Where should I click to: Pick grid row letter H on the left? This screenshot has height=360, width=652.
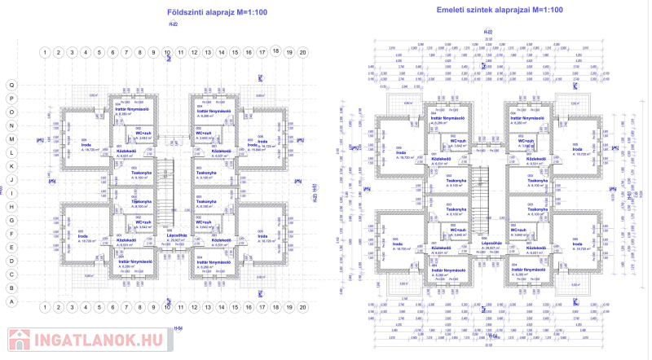(11, 207)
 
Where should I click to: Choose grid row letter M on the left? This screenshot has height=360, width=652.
(11, 139)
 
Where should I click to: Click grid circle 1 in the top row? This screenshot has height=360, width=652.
(45, 52)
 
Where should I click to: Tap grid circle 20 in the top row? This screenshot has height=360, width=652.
(302, 52)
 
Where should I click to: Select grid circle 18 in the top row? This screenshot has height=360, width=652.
(275, 50)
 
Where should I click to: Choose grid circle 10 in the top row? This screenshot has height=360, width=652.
(167, 52)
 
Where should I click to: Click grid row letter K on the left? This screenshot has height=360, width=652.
(11, 166)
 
